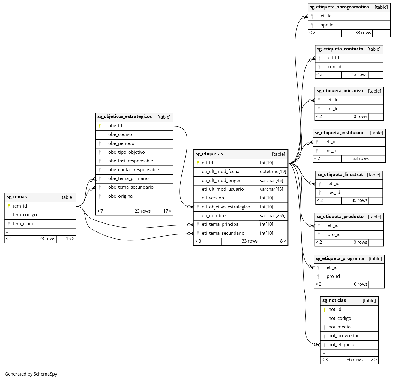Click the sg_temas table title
click(x=17, y=197)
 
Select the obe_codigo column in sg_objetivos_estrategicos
click(x=120, y=135)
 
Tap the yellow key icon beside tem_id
click(x=9, y=206)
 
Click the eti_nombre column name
click(x=214, y=216)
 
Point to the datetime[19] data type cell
click(x=273, y=172)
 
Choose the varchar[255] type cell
click(x=273, y=216)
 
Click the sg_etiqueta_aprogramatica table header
click(x=339, y=7)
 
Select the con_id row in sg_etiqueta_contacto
click(x=334, y=67)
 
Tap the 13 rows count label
click(x=359, y=75)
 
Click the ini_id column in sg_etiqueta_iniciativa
click(x=333, y=109)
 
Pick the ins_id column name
click(x=331, y=151)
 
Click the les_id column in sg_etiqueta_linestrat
click(x=334, y=193)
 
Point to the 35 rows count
click(x=359, y=200)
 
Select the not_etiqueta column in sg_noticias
click(x=341, y=345)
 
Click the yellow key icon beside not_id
click(x=324, y=309)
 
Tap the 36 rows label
click(x=355, y=360)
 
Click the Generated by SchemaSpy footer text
click(x=31, y=374)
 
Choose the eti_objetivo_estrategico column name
click(x=226, y=207)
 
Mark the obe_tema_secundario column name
click(x=131, y=187)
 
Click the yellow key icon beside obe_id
click(x=100, y=126)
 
